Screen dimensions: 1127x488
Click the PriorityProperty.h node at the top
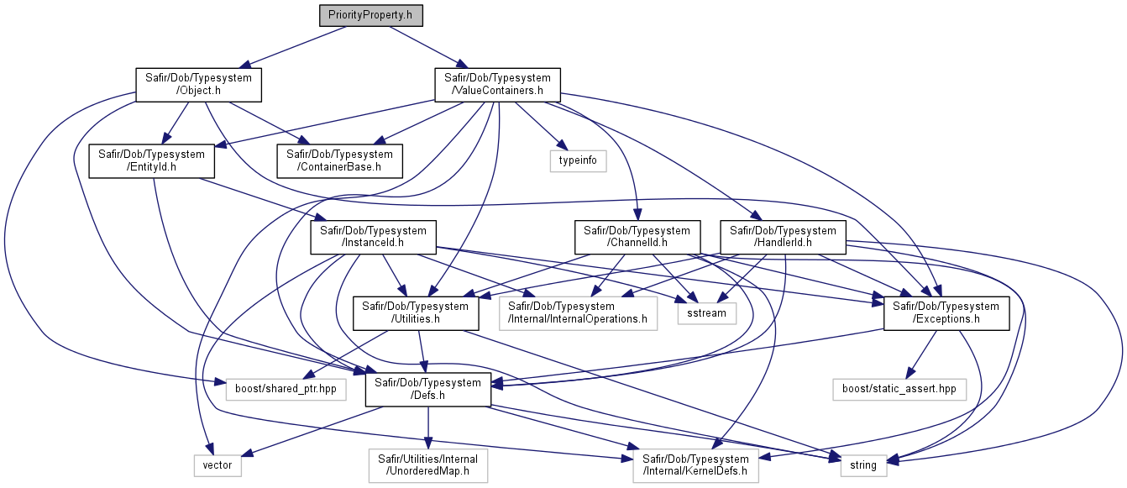(x=371, y=15)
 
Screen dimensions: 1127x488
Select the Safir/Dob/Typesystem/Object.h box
(x=198, y=85)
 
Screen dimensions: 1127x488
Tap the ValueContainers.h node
(x=497, y=85)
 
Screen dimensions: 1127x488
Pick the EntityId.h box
(x=151, y=161)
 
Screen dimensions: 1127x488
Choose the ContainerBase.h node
(x=339, y=161)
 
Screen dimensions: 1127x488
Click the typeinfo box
(x=578, y=161)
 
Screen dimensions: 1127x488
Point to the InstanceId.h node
(x=373, y=237)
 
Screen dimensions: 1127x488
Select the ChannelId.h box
(x=637, y=237)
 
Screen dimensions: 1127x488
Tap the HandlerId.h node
(x=783, y=237)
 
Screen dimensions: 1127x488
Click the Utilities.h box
(x=416, y=313)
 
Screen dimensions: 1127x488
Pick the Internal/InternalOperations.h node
(x=578, y=313)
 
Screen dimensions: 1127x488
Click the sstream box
(x=706, y=313)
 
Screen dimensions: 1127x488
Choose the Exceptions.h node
(x=946, y=313)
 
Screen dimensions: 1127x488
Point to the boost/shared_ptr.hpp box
(x=286, y=390)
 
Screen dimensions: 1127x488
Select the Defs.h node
(x=428, y=390)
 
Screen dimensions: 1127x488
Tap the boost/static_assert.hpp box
(x=899, y=390)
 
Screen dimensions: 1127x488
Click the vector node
(x=218, y=465)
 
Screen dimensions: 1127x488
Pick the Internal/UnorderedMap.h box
(x=428, y=465)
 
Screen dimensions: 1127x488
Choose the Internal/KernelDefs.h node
(x=696, y=465)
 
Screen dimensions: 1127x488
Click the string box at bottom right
(x=863, y=465)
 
